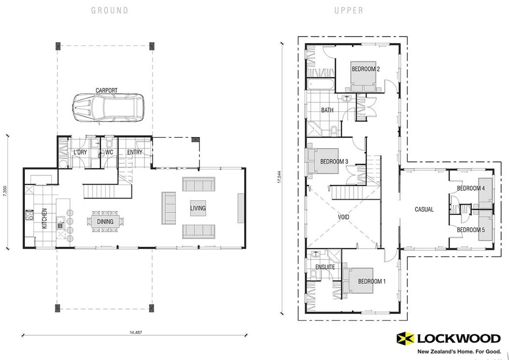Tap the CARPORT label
(106, 90)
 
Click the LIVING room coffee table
(198, 208)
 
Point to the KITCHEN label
(45, 218)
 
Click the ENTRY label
(134, 152)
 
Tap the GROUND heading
(109, 10)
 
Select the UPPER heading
(349, 10)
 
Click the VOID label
(345, 217)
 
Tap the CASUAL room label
(424, 209)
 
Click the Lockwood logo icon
(405, 338)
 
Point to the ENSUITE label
(324, 266)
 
